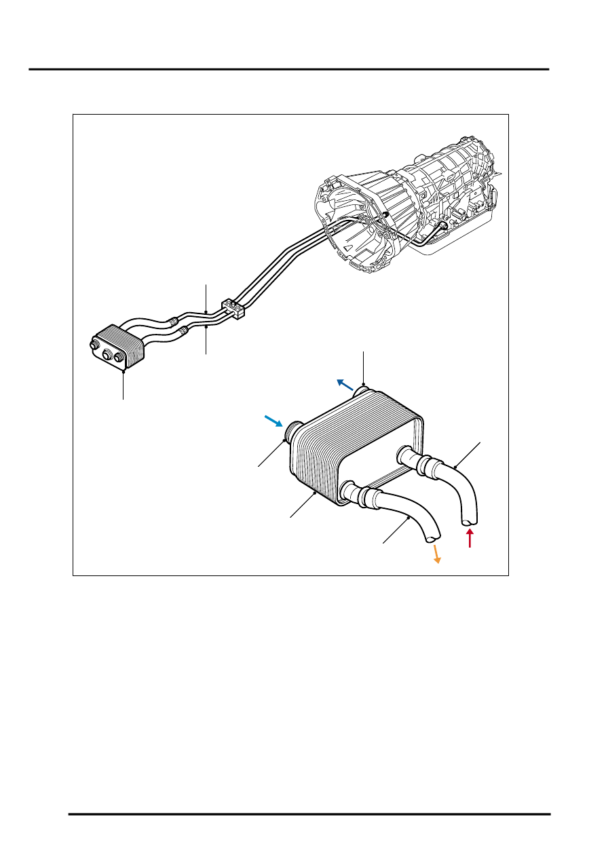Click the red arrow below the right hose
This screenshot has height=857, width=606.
(x=469, y=539)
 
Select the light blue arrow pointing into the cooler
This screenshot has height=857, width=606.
(x=274, y=421)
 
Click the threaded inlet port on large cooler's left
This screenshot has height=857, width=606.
(x=295, y=431)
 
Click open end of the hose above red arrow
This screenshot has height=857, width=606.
(x=469, y=521)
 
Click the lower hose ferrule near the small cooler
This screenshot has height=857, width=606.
(x=183, y=331)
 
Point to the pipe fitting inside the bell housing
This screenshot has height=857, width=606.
(x=384, y=215)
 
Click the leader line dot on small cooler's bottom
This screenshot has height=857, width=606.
(x=124, y=370)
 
